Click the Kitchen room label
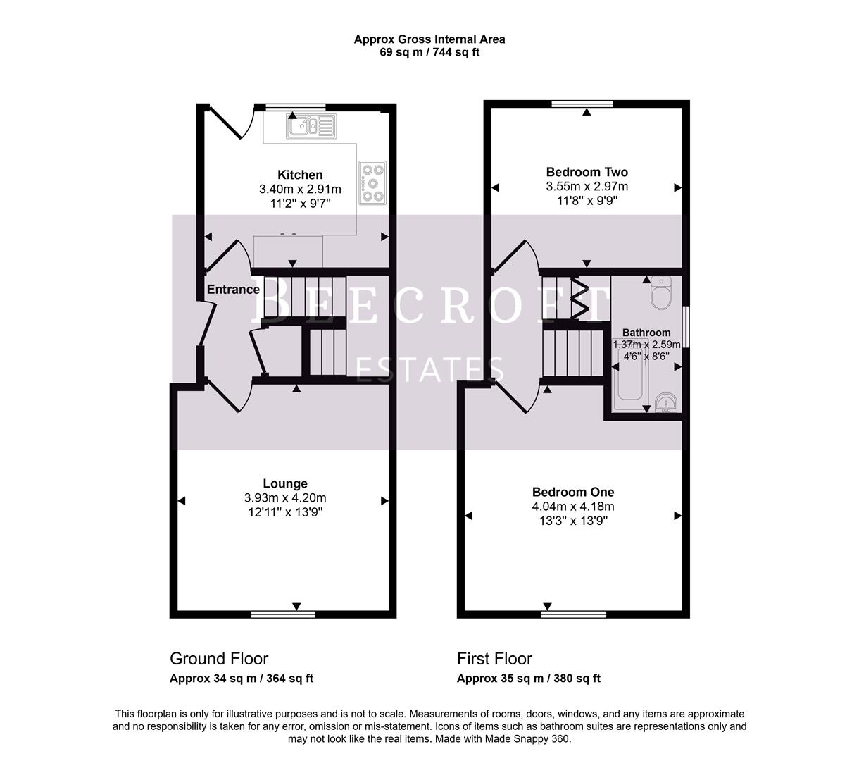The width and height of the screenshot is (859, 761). (300, 175)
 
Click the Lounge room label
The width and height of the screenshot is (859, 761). (285, 483)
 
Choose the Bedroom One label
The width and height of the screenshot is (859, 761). (572, 492)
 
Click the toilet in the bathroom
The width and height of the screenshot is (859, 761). (662, 294)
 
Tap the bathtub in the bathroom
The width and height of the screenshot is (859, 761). (631, 385)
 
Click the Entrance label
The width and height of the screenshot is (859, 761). (233, 290)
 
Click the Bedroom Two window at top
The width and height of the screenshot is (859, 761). (582, 104)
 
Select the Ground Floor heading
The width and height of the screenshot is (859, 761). (219, 659)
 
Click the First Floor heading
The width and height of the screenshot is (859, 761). (494, 659)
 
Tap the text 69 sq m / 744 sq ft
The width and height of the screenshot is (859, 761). (429, 52)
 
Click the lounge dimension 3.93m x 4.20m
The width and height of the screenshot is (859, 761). (285, 498)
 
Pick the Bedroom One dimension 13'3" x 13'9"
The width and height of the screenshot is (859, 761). (572, 521)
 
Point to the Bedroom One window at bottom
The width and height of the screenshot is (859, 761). (573, 614)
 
